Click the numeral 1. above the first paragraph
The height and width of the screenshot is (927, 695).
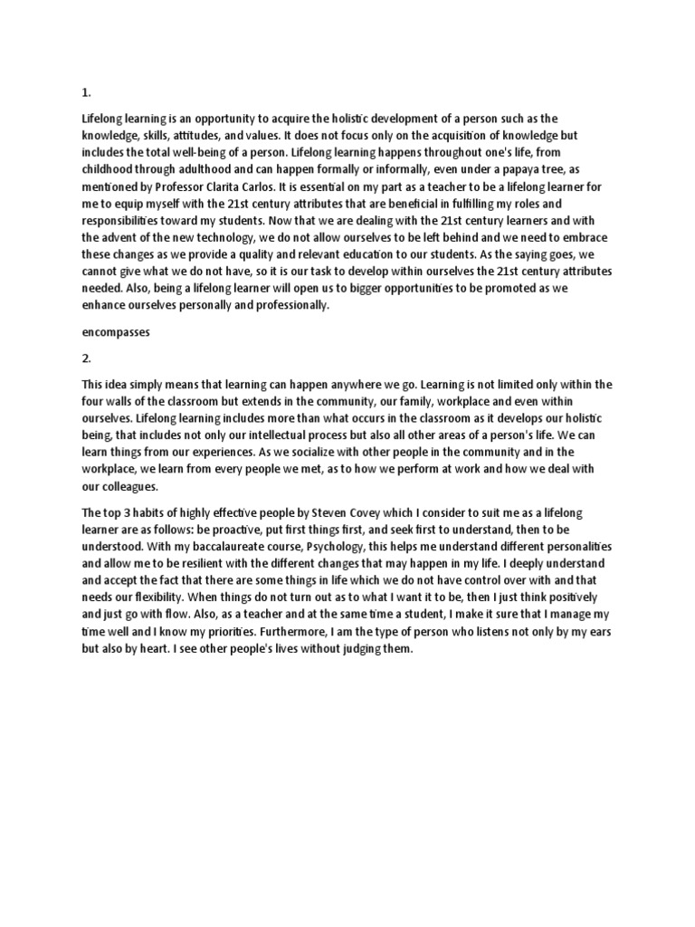[86, 92]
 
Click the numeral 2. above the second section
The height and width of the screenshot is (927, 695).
[87, 358]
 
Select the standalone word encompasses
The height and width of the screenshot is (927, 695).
[116, 332]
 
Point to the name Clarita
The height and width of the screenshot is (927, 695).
[233, 186]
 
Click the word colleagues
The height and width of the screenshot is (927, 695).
[129, 485]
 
